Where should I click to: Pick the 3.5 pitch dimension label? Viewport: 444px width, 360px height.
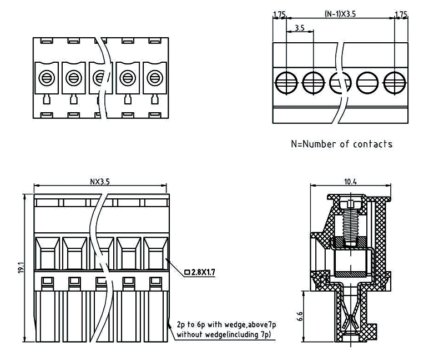[299, 27]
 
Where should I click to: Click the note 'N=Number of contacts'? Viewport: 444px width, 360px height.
[341, 144]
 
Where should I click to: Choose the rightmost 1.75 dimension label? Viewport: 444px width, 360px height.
[400, 13]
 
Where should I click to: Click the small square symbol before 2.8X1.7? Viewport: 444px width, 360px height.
[186, 272]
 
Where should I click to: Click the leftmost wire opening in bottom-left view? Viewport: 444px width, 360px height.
[48, 253]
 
